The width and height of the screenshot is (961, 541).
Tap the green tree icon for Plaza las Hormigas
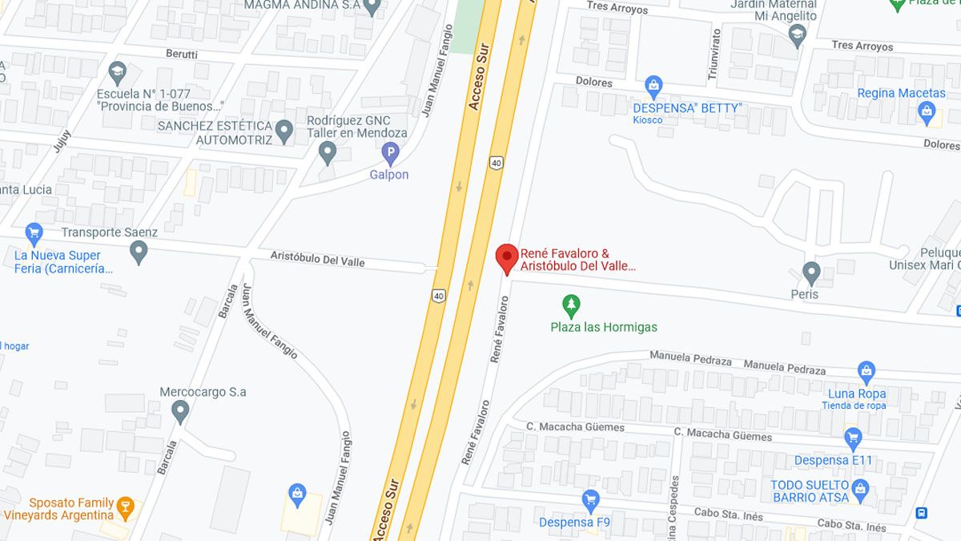[x=571, y=305]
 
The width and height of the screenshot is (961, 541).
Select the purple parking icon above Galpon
[x=390, y=151]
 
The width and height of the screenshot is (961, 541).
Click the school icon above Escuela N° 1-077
[x=118, y=74]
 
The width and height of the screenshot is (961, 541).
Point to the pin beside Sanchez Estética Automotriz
[x=284, y=131]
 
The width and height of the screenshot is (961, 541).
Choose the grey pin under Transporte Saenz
[x=139, y=252]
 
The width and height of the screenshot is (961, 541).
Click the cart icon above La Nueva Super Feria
[x=34, y=234]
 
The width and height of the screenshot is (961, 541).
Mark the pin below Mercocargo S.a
[x=180, y=412]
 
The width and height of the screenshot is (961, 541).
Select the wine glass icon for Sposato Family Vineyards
[x=125, y=507]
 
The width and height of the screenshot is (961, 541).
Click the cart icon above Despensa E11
[x=852, y=439]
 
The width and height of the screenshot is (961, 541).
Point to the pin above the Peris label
[x=811, y=273]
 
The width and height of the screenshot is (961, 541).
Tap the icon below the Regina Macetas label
[x=927, y=112]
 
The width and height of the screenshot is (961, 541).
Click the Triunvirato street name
[x=714, y=55]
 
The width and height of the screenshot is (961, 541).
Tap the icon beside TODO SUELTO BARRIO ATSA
[x=861, y=489]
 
